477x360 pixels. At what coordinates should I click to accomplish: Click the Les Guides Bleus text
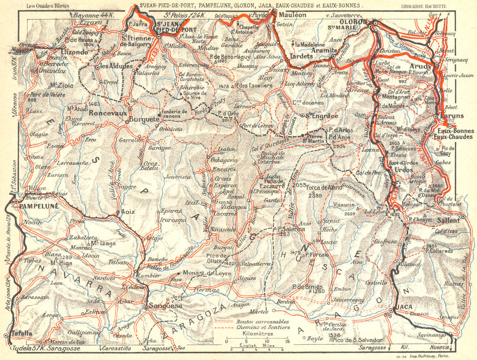(x=47, y=6)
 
